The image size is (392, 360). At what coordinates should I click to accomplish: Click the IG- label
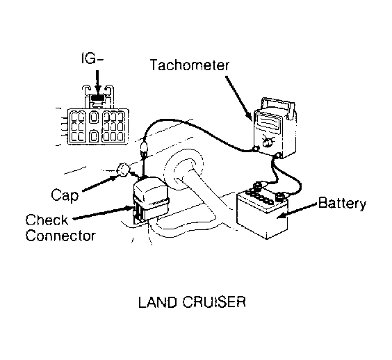click(x=92, y=58)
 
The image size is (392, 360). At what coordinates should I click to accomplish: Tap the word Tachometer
click(x=190, y=65)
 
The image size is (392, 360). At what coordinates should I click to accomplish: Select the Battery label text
click(x=342, y=203)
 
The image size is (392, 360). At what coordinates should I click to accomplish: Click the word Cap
click(x=65, y=195)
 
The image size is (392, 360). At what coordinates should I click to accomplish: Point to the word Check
click(x=47, y=220)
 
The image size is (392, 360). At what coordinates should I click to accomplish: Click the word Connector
click(x=60, y=236)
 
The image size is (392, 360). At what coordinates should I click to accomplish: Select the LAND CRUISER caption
click(x=192, y=302)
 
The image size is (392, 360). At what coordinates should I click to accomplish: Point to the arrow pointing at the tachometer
click(x=238, y=98)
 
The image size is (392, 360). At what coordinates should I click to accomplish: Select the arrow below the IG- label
click(x=98, y=81)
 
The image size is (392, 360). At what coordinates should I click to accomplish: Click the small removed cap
click(x=123, y=170)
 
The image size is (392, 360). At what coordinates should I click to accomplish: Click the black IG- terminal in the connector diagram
click(x=98, y=97)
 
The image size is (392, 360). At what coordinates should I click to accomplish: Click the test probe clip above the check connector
click(x=145, y=150)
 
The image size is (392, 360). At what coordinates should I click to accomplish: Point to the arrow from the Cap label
click(x=99, y=183)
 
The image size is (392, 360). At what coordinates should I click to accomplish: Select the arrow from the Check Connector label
click(x=102, y=213)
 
